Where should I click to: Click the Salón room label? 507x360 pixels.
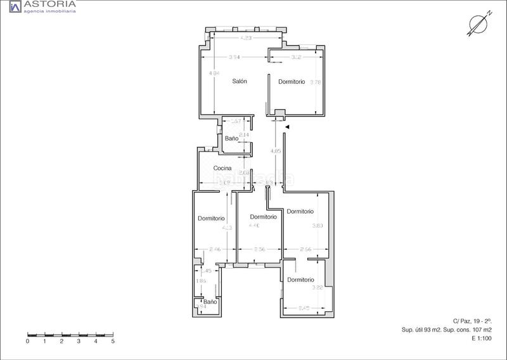(239, 81)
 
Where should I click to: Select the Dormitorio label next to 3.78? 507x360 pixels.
(292, 82)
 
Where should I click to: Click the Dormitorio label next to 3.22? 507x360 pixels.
(300, 280)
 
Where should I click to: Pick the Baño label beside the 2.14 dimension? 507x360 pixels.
(231, 138)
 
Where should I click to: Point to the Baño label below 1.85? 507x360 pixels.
(210, 302)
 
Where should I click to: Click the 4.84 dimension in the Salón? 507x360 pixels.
(214, 74)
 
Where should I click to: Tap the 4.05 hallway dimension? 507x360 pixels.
(274, 151)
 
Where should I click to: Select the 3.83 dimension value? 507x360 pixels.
(318, 226)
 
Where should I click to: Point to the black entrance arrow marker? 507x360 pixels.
(287, 127)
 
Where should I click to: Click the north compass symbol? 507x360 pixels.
(477, 23)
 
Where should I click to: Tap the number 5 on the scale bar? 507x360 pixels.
(113, 341)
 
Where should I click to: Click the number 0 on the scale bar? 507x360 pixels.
(28, 341)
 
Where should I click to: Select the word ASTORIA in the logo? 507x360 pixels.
(50, 4)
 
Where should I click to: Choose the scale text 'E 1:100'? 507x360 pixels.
(481, 338)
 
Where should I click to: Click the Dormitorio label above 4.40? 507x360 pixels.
(263, 217)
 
